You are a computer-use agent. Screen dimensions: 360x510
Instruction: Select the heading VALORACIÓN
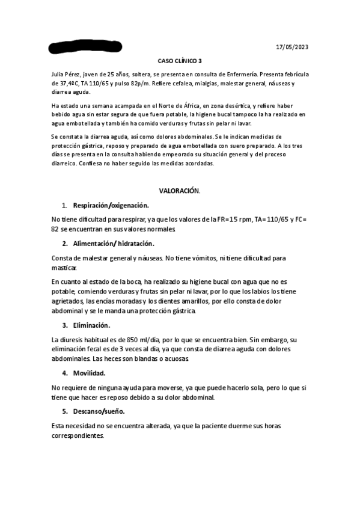click(x=179, y=190)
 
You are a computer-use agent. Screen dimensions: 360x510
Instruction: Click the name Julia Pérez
click(x=67, y=73)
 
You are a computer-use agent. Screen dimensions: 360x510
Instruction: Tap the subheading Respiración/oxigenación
click(x=106, y=205)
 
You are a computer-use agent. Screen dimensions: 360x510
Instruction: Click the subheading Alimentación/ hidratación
click(x=113, y=244)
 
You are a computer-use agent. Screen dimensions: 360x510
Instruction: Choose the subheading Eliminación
click(x=91, y=325)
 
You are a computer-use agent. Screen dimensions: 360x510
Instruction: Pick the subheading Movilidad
click(x=89, y=373)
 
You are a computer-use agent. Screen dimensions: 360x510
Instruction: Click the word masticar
click(x=64, y=268)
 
